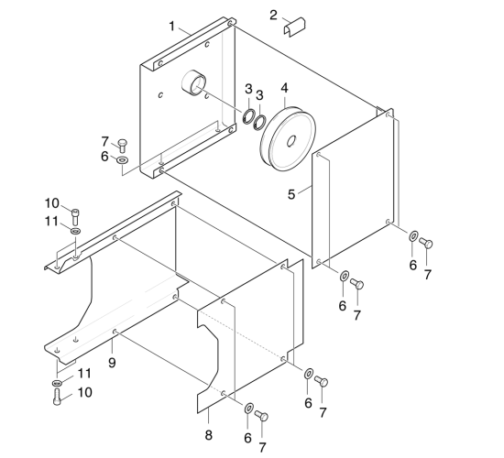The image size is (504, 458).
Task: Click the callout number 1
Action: click(x=172, y=27)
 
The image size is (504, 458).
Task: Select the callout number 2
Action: click(x=273, y=15)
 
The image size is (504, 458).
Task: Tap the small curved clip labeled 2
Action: click(x=294, y=27)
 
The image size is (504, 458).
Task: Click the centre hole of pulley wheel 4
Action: click(x=291, y=141)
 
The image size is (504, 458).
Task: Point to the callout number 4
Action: click(x=285, y=88)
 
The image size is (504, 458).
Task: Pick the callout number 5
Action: click(x=291, y=194)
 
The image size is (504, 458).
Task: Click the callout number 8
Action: click(x=209, y=435)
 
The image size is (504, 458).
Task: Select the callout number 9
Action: click(x=112, y=363)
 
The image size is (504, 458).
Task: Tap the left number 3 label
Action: click(x=248, y=89)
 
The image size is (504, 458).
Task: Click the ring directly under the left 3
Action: click(x=248, y=115)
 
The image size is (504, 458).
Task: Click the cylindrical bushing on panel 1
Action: click(x=193, y=82)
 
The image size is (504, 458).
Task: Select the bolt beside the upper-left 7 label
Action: click(x=122, y=146)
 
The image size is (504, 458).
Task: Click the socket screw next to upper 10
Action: click(x=75, y=216)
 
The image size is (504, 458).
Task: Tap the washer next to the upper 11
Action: click(x=76, y=231)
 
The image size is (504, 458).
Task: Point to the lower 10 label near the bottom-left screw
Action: click(x=85, y=392)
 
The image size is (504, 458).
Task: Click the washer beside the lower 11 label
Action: click(x=57, y=383)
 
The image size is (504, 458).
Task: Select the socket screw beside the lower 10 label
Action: click(x=57, y=397)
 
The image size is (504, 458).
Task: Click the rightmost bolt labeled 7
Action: click(x=425, y=244)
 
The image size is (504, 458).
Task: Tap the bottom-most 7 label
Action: click(x=262, y=447)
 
